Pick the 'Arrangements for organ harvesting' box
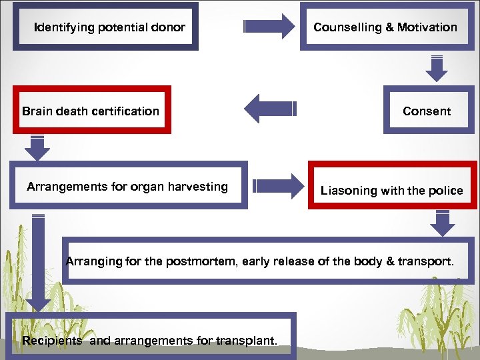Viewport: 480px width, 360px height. pyautogui.click(x=128, y=186)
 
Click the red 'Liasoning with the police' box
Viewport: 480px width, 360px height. pyautogui.click(x=392, y=189)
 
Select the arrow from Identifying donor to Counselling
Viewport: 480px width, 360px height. pyautogui.click(x=269, y=27)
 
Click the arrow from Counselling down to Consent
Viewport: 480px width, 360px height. pyautogui.click(x=437, y=67)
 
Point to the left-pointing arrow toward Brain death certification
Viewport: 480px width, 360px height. pyautogui.click(x=269, y=109)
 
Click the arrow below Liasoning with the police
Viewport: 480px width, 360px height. pyautogui.click(x=442, y=223)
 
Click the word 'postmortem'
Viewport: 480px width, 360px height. pyautogui.click(x=204, y=261)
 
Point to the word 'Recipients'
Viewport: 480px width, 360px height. pyautogui.click(x=52, y=341)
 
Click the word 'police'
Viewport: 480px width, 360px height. pyautogui.click(x=446, y=191)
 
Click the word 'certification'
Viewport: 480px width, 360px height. pyautogui.click(x=126, y=111)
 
